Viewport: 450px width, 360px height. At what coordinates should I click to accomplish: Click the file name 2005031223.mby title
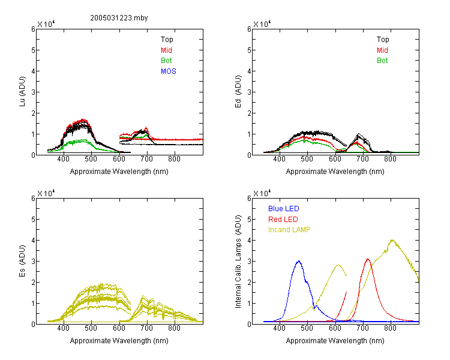point(119,18)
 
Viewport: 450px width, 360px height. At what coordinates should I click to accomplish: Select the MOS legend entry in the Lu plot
point(169,71)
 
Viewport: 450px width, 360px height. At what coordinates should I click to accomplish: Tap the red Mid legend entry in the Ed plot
point(382,50)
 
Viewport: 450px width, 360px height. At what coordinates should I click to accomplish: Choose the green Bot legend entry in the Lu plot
point(166,61)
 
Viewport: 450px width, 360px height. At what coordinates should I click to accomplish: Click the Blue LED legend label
point(284,209)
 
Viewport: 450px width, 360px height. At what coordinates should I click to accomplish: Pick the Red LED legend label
point(283,220)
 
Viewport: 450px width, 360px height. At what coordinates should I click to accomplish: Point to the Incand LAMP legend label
point(289,230)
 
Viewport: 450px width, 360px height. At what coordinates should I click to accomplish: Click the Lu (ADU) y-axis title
point(22,92)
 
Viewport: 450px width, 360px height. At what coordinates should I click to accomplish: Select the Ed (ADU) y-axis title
point(238,92)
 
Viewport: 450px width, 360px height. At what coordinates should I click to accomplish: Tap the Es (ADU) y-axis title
point(22,261)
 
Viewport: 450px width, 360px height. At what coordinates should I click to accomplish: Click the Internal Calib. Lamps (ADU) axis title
point(238,262)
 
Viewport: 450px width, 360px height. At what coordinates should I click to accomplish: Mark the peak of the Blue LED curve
point(299,261)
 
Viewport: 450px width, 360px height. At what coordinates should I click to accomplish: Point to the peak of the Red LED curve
point(368,259)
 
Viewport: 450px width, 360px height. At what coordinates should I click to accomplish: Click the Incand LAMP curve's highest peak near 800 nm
point(392,240)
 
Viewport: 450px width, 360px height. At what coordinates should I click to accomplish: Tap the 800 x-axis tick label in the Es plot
point(174,328)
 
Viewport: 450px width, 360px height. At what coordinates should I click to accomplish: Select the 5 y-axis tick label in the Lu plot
point(33,50)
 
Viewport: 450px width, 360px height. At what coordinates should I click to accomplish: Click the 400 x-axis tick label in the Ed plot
point(279,159)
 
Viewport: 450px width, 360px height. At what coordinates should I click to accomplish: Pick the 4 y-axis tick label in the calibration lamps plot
point(249,240)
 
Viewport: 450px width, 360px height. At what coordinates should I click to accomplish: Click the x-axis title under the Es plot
point(119,341)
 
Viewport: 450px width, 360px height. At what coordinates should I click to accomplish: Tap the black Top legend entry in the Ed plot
point(383,40)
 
